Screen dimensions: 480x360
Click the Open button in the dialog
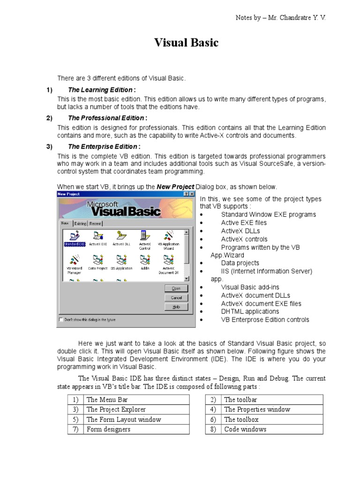176,288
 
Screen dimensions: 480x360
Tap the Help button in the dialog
176,307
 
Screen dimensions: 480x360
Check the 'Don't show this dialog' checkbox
60,320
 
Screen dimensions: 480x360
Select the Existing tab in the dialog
80,224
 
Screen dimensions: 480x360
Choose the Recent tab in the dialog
95,224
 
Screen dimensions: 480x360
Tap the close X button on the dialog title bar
191,194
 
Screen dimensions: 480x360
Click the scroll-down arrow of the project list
187,278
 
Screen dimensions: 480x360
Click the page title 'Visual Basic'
187,43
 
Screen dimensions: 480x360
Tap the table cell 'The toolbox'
241,419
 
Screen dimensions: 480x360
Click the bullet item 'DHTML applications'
250,311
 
